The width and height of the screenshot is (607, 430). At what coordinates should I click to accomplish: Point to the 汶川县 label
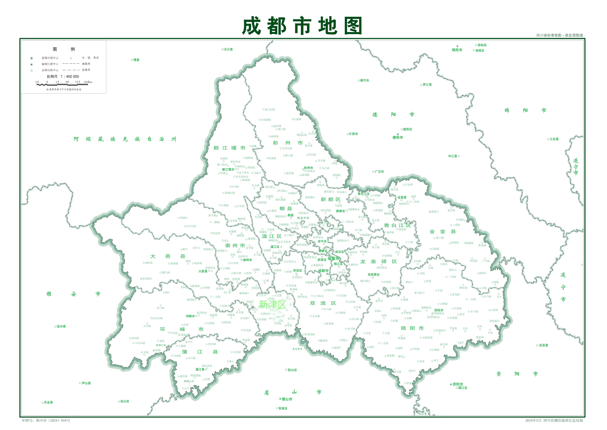click(x=228, y=49)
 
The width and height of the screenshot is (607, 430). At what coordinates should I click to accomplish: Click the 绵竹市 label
click(x=364, y=80)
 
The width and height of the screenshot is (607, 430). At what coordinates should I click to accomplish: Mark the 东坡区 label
click(x=283, y=409)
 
